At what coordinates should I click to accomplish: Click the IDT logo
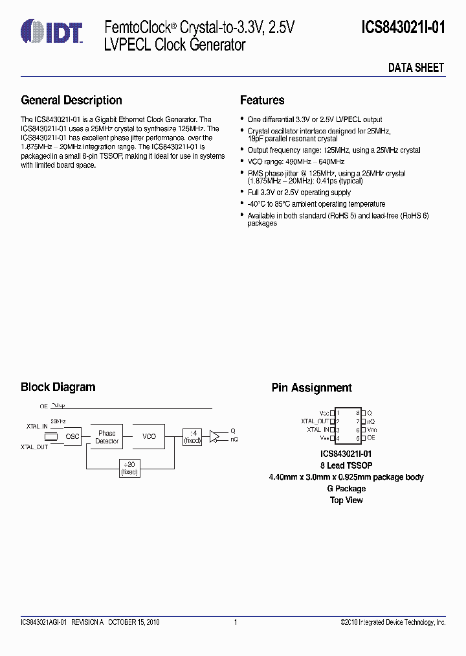(52, 30)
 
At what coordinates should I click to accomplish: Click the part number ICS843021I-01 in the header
(403, 28)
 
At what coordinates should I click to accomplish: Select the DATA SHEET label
(416, 67)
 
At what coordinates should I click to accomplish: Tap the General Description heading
(71, 100)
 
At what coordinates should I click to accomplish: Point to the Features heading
(262, 100)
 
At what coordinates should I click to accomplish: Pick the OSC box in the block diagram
(72, 437)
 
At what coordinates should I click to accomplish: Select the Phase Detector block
(107, 437)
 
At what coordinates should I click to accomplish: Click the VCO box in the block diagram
(150, 437)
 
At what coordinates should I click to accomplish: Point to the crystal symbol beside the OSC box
(53, 437)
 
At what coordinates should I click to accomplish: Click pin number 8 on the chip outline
(357, 413)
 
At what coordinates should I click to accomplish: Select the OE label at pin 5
(371, 438)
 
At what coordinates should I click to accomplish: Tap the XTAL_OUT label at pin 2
(315, 421)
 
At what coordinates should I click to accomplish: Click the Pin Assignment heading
(311, 388)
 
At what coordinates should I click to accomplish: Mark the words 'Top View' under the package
(346, 500)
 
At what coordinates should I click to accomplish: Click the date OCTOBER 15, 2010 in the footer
(133, 622)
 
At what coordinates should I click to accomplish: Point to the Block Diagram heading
(58, 387)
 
